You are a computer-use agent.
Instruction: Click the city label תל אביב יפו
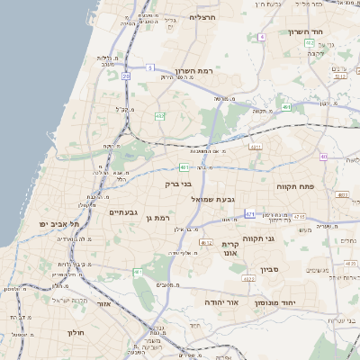59,223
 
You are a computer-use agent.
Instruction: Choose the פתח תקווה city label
294,186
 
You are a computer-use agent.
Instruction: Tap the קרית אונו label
230,248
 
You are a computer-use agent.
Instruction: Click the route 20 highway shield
126,76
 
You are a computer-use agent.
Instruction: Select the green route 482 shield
159,115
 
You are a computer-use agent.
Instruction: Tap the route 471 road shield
249,213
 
